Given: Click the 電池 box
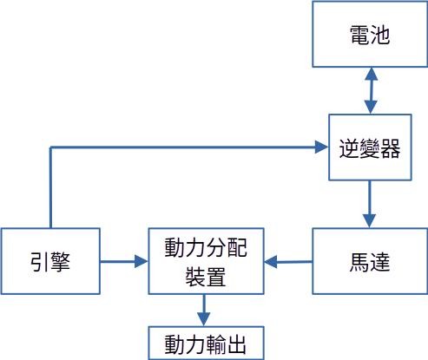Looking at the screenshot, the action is click(370, 35).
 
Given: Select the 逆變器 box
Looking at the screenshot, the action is click(370, 147).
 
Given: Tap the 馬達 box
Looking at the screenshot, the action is click(370, 261).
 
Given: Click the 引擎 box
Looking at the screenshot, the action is click(50, 261).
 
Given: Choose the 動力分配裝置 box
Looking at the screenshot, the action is click(206, 261).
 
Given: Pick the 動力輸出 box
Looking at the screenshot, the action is click(206, 344).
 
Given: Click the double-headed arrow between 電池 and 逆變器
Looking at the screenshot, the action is click(371, 91).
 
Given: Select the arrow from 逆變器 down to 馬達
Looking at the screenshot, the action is click(370, 204).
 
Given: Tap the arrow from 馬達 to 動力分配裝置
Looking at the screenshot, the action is click(288, 262).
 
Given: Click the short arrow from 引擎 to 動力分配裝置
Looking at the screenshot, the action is click(124, 262).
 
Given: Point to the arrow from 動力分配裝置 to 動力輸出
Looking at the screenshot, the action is click(204, 311).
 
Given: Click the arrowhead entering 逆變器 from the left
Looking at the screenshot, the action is click(321, 147).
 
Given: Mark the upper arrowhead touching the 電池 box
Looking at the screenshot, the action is click(371, 74).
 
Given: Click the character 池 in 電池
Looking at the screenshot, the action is click(380, 35).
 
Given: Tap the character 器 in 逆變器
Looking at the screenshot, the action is click(391, 148).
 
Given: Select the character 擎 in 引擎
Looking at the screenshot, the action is click(61, 262).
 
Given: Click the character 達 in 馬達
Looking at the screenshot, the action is click(380, 262).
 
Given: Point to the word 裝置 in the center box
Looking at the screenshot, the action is click(206, 277).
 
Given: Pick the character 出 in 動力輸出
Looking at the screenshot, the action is click(236, 344).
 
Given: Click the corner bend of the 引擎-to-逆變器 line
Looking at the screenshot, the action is click(50, 147).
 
